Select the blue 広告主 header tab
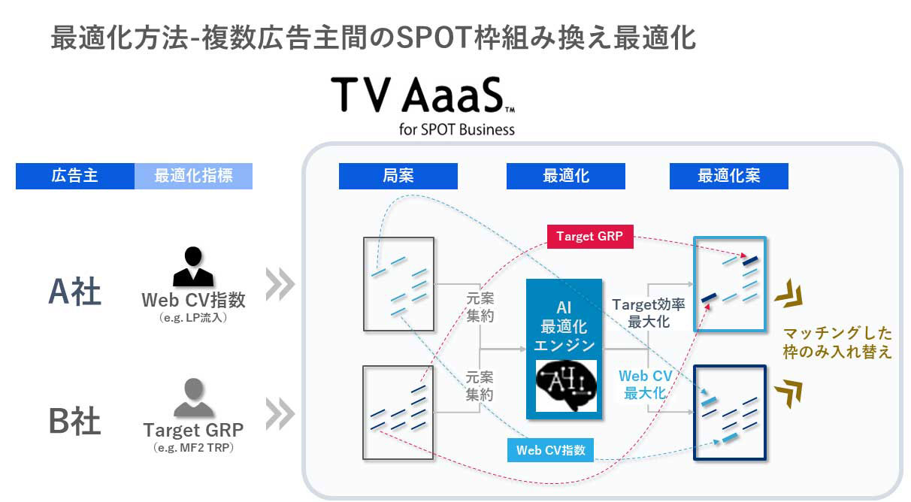pyautogui.click(x=75, y=177)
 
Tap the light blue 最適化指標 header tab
pyautogui.click(x=193, y=177)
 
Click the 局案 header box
pyautogui.click(x=398, y=177)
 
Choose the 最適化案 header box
pyautogui.click(x=728, y=177)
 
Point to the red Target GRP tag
pyautogui.click(x=589, y=237)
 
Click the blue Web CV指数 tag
pyautogui.click(x=551, y=450)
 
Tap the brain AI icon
pyautogui.click(x=566, y=386)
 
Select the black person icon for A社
pyautogui.click(x=193, y=268)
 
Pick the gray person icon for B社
pyautogui.click(x=193, y=398)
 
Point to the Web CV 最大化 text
pyautogui.click(x=644, y=383)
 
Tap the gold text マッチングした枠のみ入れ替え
pyautogui.click(x=837, y=342)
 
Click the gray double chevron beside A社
pyautogui.click(x=280, y=284)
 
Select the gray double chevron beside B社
pyautogui.click(x=280, y=414)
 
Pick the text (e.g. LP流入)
pyautogui.click(x=193, y=318)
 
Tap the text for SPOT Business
pyautogui.click(x=457, y=129)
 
